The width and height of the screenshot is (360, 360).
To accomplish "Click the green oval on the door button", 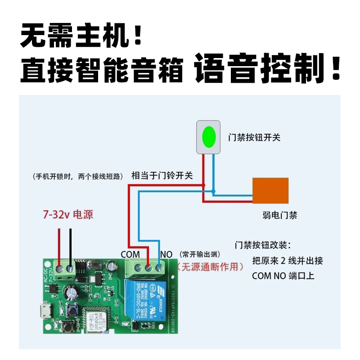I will click(208, 137).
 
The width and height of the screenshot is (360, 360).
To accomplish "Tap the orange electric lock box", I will click(270, 191).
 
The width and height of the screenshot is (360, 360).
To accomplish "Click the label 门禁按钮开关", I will click(254, 137).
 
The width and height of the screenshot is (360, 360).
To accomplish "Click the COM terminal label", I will click(130, 254).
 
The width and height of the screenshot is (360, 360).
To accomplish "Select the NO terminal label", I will click(166, 254).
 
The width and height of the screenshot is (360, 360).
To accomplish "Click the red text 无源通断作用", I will click(211, 266).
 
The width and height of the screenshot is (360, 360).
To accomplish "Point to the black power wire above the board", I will click(71, 243).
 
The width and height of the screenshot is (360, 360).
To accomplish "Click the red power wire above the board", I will click(59, 243).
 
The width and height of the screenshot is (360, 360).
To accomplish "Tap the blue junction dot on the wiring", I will click(213, 192).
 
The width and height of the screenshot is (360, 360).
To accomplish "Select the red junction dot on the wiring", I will click(203, 185).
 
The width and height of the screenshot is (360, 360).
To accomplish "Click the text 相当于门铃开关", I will click(162, 175).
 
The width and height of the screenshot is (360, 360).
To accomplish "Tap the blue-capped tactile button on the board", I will click(71, 310).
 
